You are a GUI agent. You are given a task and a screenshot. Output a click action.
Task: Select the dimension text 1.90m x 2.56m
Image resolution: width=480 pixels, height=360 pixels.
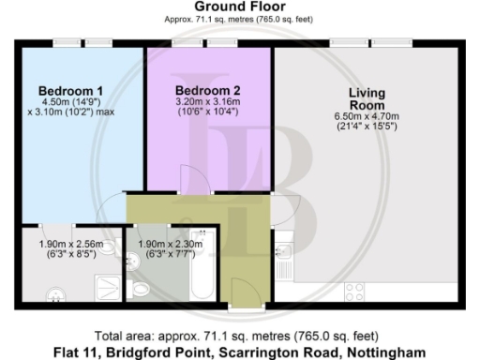click(x=70, y=246)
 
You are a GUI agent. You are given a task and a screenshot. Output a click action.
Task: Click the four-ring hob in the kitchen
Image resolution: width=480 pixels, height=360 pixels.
click(x=355, y=290)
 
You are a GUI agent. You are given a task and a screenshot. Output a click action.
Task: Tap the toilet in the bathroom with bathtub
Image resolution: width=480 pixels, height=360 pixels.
click(x=142, y=290)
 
